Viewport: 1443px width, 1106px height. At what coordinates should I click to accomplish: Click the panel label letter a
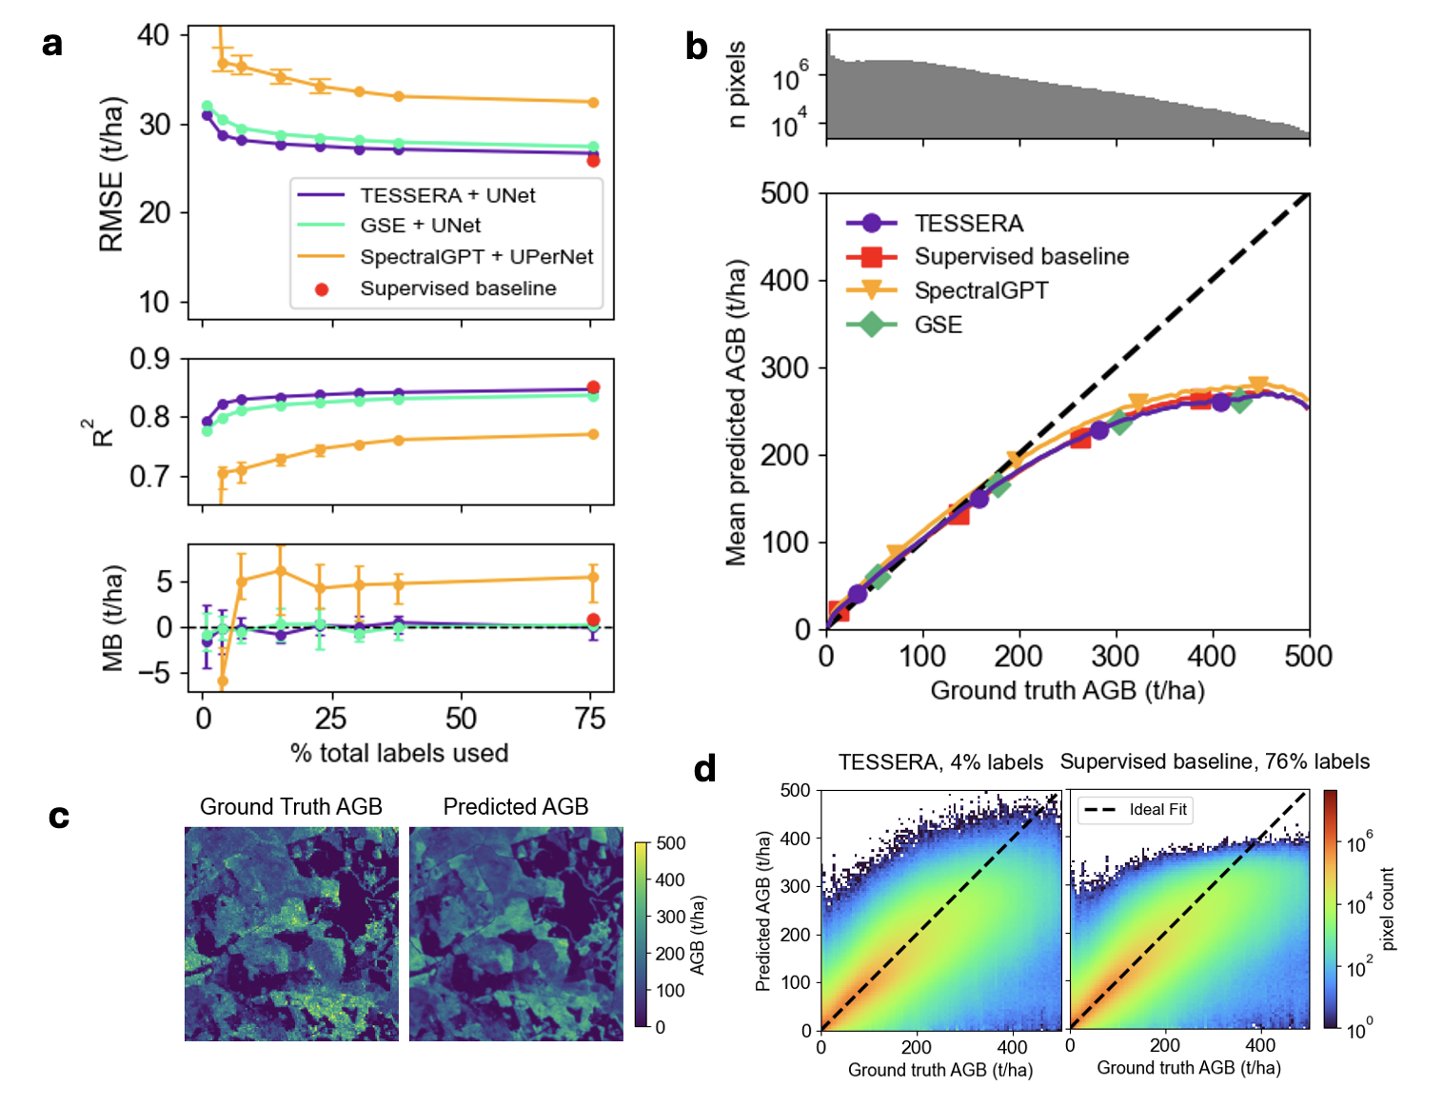point(52,44)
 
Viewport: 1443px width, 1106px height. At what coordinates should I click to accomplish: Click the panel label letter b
point(697,47)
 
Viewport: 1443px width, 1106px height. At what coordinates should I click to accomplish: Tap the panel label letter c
point(59,816)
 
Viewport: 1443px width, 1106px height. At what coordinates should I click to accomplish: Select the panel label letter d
point(704,768)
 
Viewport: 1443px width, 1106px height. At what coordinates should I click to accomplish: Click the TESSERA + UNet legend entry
point(447,195)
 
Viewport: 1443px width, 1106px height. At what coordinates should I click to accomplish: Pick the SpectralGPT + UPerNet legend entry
point(476,257)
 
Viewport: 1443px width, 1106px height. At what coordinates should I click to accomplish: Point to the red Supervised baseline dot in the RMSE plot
point(593,161)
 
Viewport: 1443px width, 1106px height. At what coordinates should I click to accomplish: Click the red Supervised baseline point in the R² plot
point(593,387)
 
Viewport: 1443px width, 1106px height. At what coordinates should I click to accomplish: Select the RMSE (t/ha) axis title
point(111,174)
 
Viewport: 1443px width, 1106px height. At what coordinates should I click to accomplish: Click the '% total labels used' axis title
point(399,753)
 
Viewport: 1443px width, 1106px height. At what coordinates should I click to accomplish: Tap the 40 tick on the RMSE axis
point(153,36)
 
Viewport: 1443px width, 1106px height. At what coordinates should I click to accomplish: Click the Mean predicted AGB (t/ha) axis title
point(736,412)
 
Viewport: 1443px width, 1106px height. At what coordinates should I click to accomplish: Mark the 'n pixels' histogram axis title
point(736,84)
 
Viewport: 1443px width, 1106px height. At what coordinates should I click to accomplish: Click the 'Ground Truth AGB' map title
point(290,806)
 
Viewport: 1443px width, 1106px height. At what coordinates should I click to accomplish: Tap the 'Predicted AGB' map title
point(516,806)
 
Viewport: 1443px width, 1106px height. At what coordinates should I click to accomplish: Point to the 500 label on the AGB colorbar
point(671,843)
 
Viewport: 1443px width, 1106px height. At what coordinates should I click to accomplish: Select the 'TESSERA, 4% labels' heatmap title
point(940,762)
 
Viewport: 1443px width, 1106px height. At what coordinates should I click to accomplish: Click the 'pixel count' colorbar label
point(1388,909)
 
